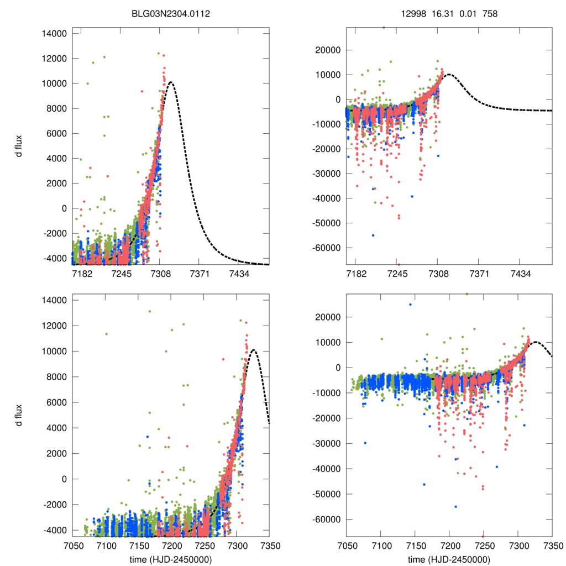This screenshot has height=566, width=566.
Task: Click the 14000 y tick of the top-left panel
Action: pos(54,34)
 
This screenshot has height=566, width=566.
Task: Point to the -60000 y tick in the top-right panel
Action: pos(326,248)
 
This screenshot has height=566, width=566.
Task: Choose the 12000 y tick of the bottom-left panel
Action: pos(54,326)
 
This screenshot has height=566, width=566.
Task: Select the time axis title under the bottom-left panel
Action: pos(171,559)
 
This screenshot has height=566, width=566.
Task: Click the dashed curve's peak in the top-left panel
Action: pos(171,82)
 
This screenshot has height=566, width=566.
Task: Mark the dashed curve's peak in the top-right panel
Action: pos(449,74)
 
